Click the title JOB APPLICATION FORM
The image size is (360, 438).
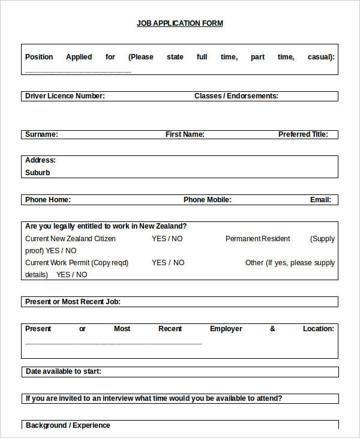point(179,23)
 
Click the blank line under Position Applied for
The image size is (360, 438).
point(78,72)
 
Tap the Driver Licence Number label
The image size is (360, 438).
point(65,96)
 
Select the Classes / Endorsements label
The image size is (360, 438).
point(236,96)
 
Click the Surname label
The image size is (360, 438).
point(41,134)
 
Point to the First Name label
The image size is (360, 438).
point(185,134)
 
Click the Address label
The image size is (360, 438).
point(40,160)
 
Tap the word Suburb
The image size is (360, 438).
point(38,173)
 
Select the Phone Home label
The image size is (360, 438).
point(48,200)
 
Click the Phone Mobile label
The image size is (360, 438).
point(207,200)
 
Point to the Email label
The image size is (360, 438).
point(320,200)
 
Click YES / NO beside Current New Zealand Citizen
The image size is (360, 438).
point(167,239)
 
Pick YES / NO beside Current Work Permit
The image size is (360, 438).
point(168,263)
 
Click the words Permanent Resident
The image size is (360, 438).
point(257,239)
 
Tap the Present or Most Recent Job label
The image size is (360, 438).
point(73,302)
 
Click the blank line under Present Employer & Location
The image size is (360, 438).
point(113,344)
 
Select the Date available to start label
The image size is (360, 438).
point(63,371)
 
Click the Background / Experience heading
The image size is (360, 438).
point(68,425)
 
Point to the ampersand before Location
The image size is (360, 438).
point(272,329)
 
